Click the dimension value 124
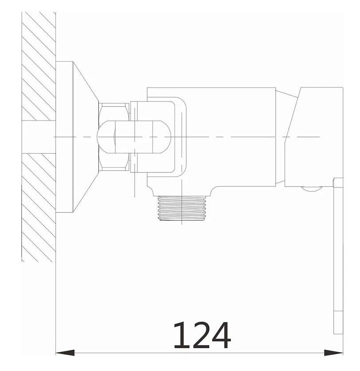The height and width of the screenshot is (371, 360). coord(202,335)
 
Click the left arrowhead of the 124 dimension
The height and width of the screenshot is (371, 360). coord(65,353)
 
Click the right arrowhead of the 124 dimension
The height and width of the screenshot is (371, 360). coord(333,353)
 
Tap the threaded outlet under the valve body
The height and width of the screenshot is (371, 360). coord(182,208)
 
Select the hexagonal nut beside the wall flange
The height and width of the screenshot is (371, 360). coord(114,137)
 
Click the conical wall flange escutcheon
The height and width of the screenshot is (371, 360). coord(85,137)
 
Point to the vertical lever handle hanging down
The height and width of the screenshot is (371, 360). coord(338,256)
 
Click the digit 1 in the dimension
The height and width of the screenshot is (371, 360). coord(181,335)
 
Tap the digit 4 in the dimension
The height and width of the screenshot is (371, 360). coord(221,335)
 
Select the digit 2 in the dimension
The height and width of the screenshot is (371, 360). coord(200,335)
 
